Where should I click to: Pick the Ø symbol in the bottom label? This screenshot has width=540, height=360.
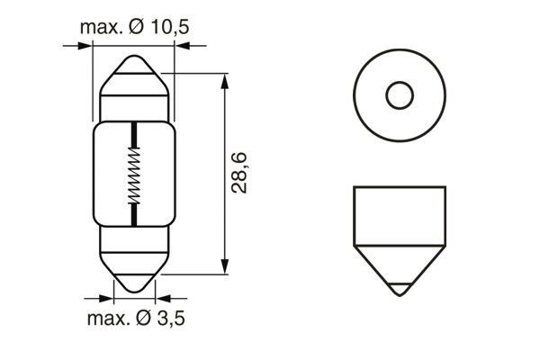click(146, 319)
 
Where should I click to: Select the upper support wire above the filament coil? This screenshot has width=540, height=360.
click(134, 135)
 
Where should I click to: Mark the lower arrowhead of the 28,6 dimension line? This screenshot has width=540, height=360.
click(223, 268)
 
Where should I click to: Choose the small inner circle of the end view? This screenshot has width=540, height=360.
click(398, 94)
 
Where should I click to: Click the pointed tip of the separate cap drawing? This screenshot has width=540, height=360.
click(398, 293)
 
